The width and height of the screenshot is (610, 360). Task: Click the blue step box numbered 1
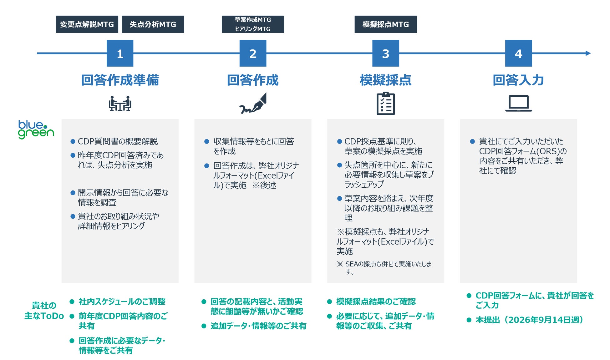[120, 53]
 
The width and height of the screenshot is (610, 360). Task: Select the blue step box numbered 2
[253, 53]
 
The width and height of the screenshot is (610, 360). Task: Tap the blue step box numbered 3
[385, 53]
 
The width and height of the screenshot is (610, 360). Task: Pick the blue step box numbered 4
[518, 53]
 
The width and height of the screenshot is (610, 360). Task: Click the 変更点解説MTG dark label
[87, 24]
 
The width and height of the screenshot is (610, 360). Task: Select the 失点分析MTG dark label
[153, 24]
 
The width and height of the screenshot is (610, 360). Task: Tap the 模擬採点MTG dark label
[385, 24]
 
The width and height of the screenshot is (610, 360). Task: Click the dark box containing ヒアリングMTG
[253, 24]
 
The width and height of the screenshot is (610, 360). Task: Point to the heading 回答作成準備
[120, 80]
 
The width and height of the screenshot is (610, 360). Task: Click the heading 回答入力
[518, 80]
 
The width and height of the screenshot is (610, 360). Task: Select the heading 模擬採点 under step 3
[385, 80]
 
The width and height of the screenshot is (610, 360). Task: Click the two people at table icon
[120, 104]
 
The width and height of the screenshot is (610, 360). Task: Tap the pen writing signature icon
[253, 104]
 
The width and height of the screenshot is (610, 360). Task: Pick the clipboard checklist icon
[385, 104]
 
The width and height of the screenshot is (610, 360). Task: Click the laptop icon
[518, 104]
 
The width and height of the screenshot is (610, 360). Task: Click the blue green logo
[36, 129]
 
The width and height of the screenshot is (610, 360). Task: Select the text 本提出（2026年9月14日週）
[529, 320]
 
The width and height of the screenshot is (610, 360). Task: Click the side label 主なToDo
[44, 316]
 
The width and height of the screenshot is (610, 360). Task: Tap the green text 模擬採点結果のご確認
[376, 302]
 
